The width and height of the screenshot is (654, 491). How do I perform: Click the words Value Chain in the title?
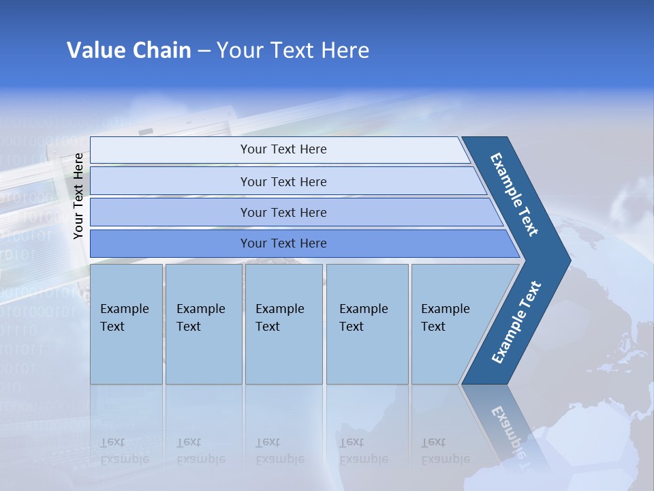(129, 50)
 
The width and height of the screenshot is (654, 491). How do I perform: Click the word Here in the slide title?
(345, 50)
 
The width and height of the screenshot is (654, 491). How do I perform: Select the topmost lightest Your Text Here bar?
(283, 149)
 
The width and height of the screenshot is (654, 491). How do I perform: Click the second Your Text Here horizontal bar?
(283, 181)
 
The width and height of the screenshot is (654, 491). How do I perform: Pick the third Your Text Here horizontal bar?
(283, 212)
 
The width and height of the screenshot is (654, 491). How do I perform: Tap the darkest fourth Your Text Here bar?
(283, 243)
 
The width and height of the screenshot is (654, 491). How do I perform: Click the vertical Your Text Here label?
(78, 196)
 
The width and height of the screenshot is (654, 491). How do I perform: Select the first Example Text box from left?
(126, 324)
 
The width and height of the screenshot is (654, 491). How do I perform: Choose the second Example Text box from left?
(203, 324)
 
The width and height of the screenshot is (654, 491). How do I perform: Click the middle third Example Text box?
(283, 324)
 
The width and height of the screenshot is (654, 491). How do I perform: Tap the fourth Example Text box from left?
(367, 324)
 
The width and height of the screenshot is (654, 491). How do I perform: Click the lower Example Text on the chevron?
(516, 322)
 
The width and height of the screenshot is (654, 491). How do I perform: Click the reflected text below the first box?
(124, 451)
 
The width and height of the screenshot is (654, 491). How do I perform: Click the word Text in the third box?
(268, 327)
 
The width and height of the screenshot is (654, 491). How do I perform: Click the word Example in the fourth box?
(364, 309)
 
